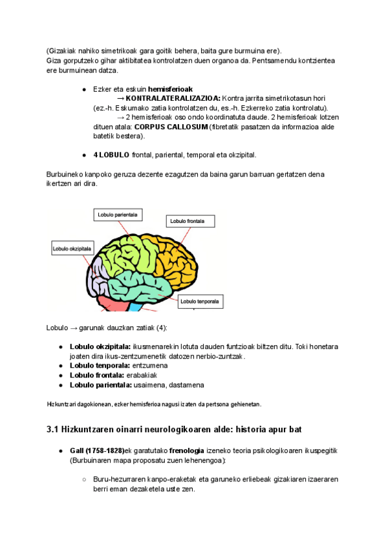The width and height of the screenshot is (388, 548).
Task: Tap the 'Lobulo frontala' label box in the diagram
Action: point(187,222)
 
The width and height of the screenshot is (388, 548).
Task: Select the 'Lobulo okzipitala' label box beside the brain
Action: point(72,248)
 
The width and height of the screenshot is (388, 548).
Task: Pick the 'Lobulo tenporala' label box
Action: point(199,301)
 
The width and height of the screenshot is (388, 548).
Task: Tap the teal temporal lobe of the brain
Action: point(139,283)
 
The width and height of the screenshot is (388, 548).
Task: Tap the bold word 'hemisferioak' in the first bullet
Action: point(170,89)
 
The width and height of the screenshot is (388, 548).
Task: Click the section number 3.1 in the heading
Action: point(53,429)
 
